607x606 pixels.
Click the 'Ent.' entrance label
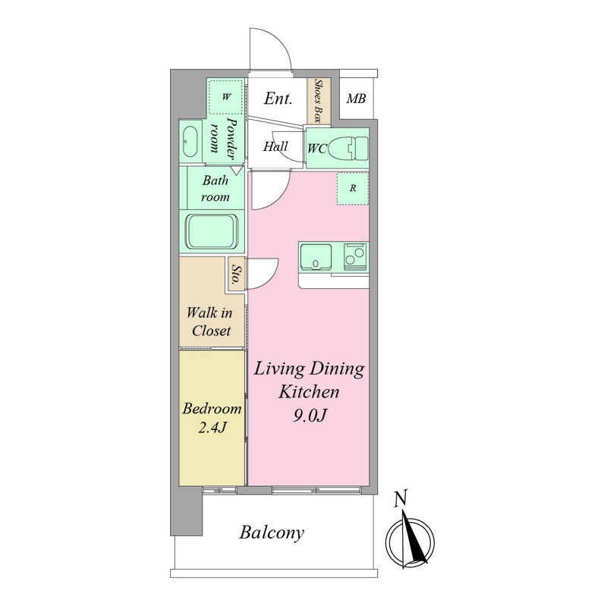[278, 99]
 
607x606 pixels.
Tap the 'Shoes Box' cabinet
[319, 101]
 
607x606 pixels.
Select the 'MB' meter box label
[356, 99]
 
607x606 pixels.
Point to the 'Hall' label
[275, 146]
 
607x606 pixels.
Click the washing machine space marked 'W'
[225, 97]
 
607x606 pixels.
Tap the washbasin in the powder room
[190, 142]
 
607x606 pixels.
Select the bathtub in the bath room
[212, 231]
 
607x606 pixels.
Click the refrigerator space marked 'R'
[352, 188]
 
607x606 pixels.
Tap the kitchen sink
[316, 257]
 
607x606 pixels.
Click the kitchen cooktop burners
[355, 256]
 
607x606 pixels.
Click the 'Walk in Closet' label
[209, 322]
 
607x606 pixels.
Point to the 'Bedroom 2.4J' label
[212, 418]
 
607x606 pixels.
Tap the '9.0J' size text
[310, 416]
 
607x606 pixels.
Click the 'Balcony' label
[272, 533]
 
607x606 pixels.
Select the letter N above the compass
[401, 498]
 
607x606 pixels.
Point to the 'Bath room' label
[215, 188]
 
